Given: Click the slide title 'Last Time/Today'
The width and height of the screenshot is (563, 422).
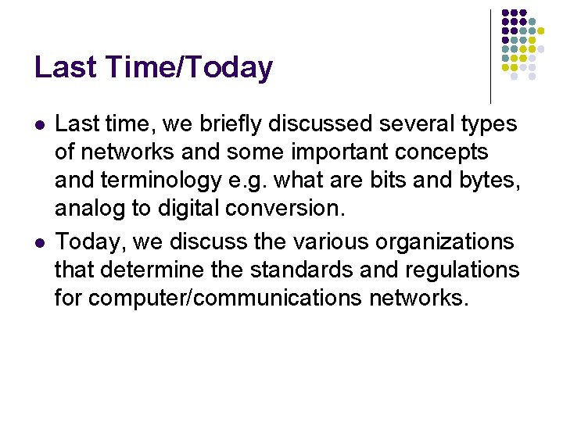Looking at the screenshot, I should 153,68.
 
